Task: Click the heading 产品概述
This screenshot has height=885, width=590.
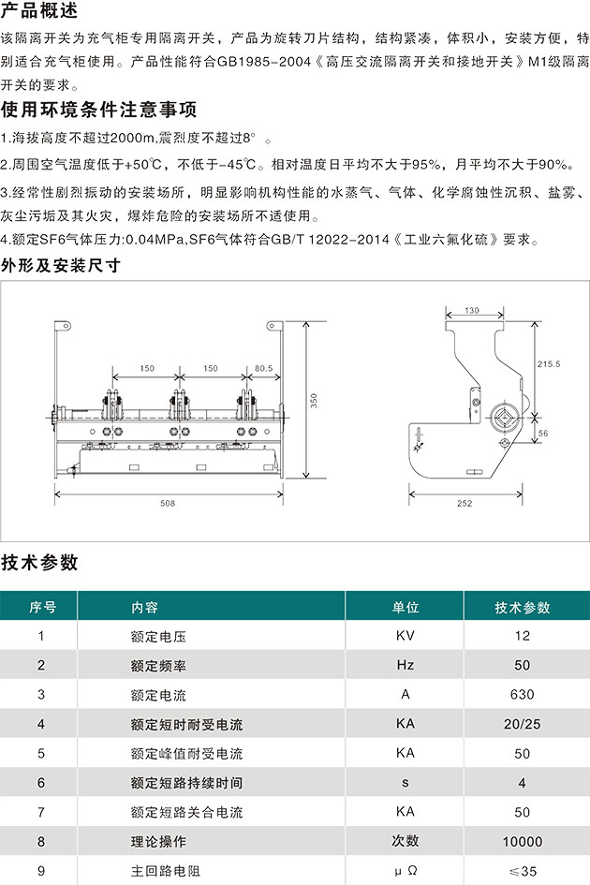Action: click(x=39, y=9)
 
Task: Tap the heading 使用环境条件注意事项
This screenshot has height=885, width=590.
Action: click(x=99, y=109)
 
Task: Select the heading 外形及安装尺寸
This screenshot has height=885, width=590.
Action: click(x=61, y=265)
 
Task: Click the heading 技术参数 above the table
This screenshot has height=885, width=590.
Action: click(x=39, y=562)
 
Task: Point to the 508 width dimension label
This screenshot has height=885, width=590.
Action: click(x=168, y=503)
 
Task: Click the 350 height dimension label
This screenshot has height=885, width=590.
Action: click(x=314, y=401)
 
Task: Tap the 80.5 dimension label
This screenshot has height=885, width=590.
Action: click(x=264, y=368)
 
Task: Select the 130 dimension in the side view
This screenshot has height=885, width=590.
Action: click(x=472, y=310)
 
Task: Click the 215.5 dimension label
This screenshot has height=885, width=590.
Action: click(x=549, y=364)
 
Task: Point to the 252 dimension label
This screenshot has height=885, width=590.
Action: click(x=465, y=503)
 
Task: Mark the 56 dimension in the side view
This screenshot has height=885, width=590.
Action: click(x=543, y=433)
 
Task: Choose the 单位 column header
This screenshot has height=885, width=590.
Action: click(x=406, y=607)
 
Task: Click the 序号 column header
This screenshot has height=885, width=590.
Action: click(x=43, y=607)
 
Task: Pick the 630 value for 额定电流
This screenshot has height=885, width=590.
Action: click(x=522, y=694)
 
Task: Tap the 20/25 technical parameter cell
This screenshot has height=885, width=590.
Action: click(x=522, y=724)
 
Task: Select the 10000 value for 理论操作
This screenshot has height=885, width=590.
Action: click(x=523, y=842)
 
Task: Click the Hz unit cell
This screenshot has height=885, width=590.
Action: click(x=406, y=665)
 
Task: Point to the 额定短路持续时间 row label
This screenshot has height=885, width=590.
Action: click(x=187, y=783)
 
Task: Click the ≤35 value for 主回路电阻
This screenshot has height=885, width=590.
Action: click(x=523, y=871)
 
